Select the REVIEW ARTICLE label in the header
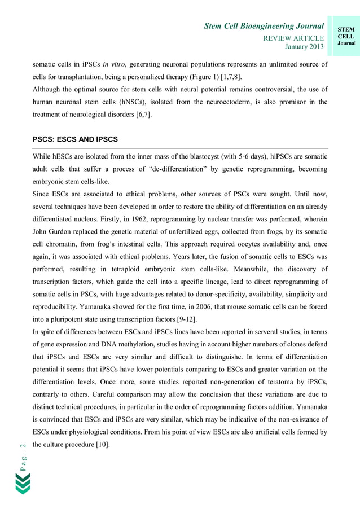(293, 38)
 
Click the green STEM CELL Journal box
(345, 35)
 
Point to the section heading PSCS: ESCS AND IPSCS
(74, 139)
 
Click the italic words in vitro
(113, 65)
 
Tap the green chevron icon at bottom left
(23, 484)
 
